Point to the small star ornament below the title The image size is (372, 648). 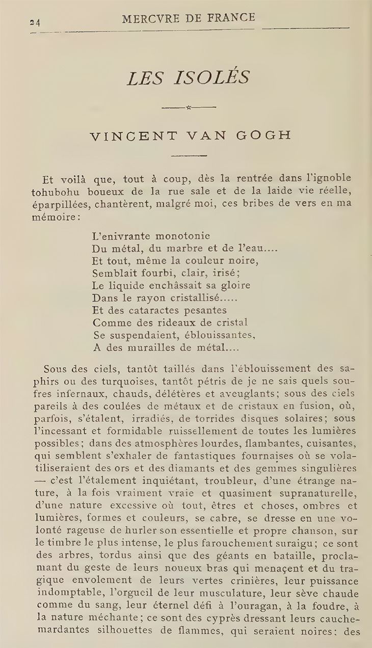(x=188, y=107)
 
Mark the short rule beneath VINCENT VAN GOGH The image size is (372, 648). (x=188, y=156)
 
